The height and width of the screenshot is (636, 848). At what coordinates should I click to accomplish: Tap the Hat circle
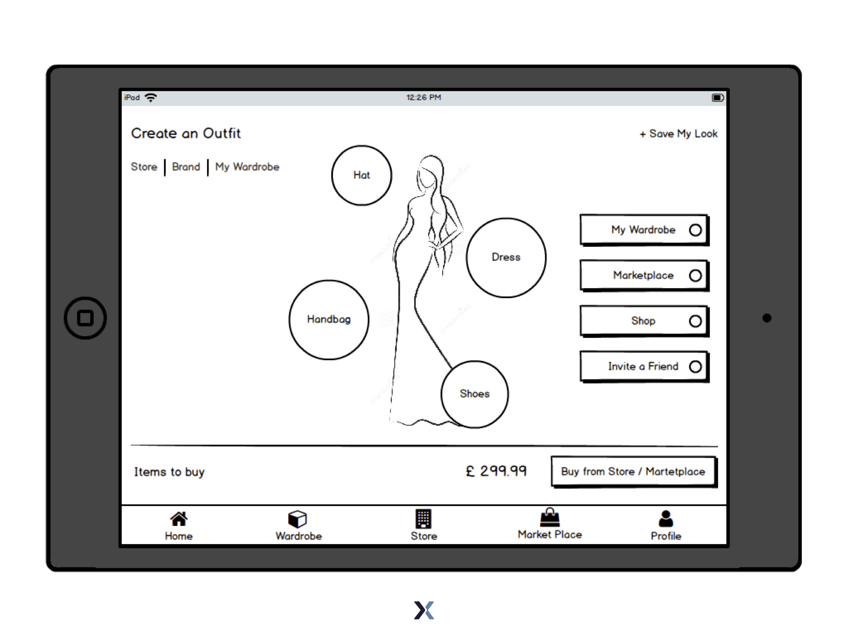point(361,175)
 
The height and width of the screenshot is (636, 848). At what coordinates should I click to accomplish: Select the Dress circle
point(506,258)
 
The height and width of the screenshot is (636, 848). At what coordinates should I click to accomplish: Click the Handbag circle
point(329,320)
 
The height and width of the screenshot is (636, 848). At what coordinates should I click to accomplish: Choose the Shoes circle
point(475,394)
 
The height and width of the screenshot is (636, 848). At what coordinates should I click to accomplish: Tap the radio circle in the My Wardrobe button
point(695,230)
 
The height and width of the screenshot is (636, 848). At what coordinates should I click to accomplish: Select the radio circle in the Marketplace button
point(695,275)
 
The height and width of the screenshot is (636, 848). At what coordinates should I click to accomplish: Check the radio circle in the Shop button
point(695,321)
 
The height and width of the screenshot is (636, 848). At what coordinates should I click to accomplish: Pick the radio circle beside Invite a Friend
point(695,366)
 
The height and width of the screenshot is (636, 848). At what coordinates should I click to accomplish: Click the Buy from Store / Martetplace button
point(634,472)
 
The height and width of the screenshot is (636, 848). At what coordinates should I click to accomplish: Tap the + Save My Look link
point(678,134)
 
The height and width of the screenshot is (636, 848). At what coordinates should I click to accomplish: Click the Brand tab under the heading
point(186,167)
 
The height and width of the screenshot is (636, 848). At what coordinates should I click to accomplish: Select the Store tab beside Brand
point(144,167)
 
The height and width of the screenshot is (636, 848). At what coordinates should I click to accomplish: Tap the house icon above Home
point(179,519)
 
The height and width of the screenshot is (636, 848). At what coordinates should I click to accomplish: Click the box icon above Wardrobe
point(297,519)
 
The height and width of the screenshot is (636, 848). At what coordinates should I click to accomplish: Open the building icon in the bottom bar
point(423,519)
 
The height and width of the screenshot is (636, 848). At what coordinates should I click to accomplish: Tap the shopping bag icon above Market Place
point(550,517)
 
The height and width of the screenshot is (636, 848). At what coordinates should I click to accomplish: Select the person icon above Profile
point(666,519)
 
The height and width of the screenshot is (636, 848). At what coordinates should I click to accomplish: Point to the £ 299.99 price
point(496,471)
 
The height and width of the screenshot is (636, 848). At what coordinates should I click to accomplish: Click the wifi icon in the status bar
point(151,98)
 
